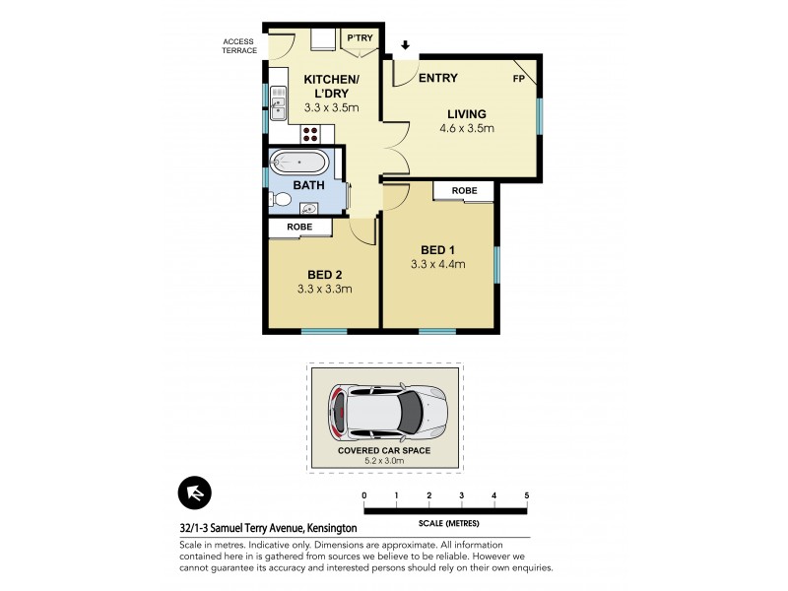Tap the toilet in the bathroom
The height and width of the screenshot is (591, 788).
pos(281,200)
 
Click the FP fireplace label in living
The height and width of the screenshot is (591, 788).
pos(518,79)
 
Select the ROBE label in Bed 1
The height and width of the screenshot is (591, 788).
pos(465,190)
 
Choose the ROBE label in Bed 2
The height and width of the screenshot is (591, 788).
pos(299,227)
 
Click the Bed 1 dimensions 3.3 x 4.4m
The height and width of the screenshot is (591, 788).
pos(437,263)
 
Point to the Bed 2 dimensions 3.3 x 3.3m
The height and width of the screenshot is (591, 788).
pos(324,289)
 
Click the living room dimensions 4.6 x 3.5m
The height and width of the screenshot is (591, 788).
pos(467,128)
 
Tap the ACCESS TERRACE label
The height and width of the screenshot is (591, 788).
pos(238,45)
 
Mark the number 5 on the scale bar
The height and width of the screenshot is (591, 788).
pos(527,494)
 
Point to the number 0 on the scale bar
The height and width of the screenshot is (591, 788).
pos(364,494)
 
